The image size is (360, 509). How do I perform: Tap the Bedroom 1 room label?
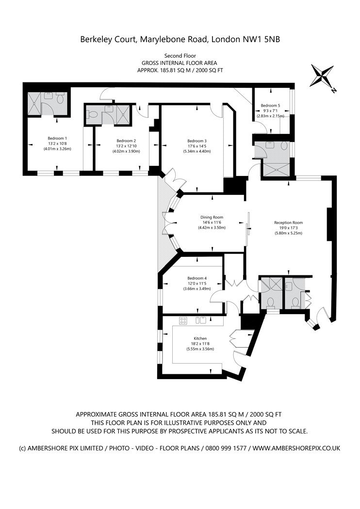click(57, 138)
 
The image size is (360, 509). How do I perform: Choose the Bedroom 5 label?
click(270, 105)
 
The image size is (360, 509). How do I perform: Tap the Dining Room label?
click(211, 217)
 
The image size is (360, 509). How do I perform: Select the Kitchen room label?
click(200, 338)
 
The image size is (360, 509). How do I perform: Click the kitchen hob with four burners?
click(183, 320)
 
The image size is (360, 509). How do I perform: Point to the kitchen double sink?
click(201, 320)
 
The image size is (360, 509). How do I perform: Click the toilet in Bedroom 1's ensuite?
click(60, 98)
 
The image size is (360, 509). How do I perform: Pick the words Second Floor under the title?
click(180, 56)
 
